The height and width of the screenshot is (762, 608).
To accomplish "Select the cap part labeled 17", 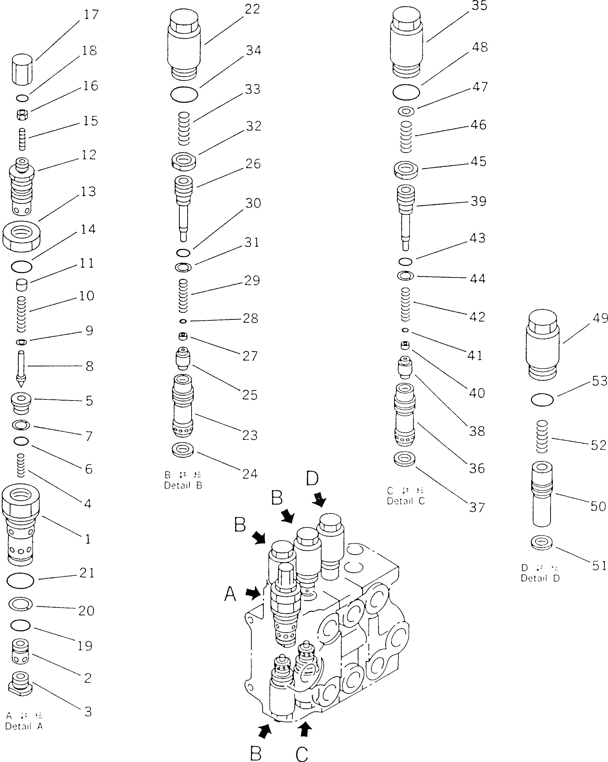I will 22,69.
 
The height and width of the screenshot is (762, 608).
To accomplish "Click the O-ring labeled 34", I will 184,95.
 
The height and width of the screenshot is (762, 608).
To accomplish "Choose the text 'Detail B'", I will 183,485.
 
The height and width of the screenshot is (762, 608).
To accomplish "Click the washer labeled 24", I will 183,449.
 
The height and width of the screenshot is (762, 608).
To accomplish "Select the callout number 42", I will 477,317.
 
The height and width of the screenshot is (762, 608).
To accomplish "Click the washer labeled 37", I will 405,459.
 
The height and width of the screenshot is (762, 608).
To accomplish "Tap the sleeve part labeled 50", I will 542,493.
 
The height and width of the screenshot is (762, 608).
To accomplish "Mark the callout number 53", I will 599,381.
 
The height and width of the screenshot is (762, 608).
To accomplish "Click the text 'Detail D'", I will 540,578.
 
